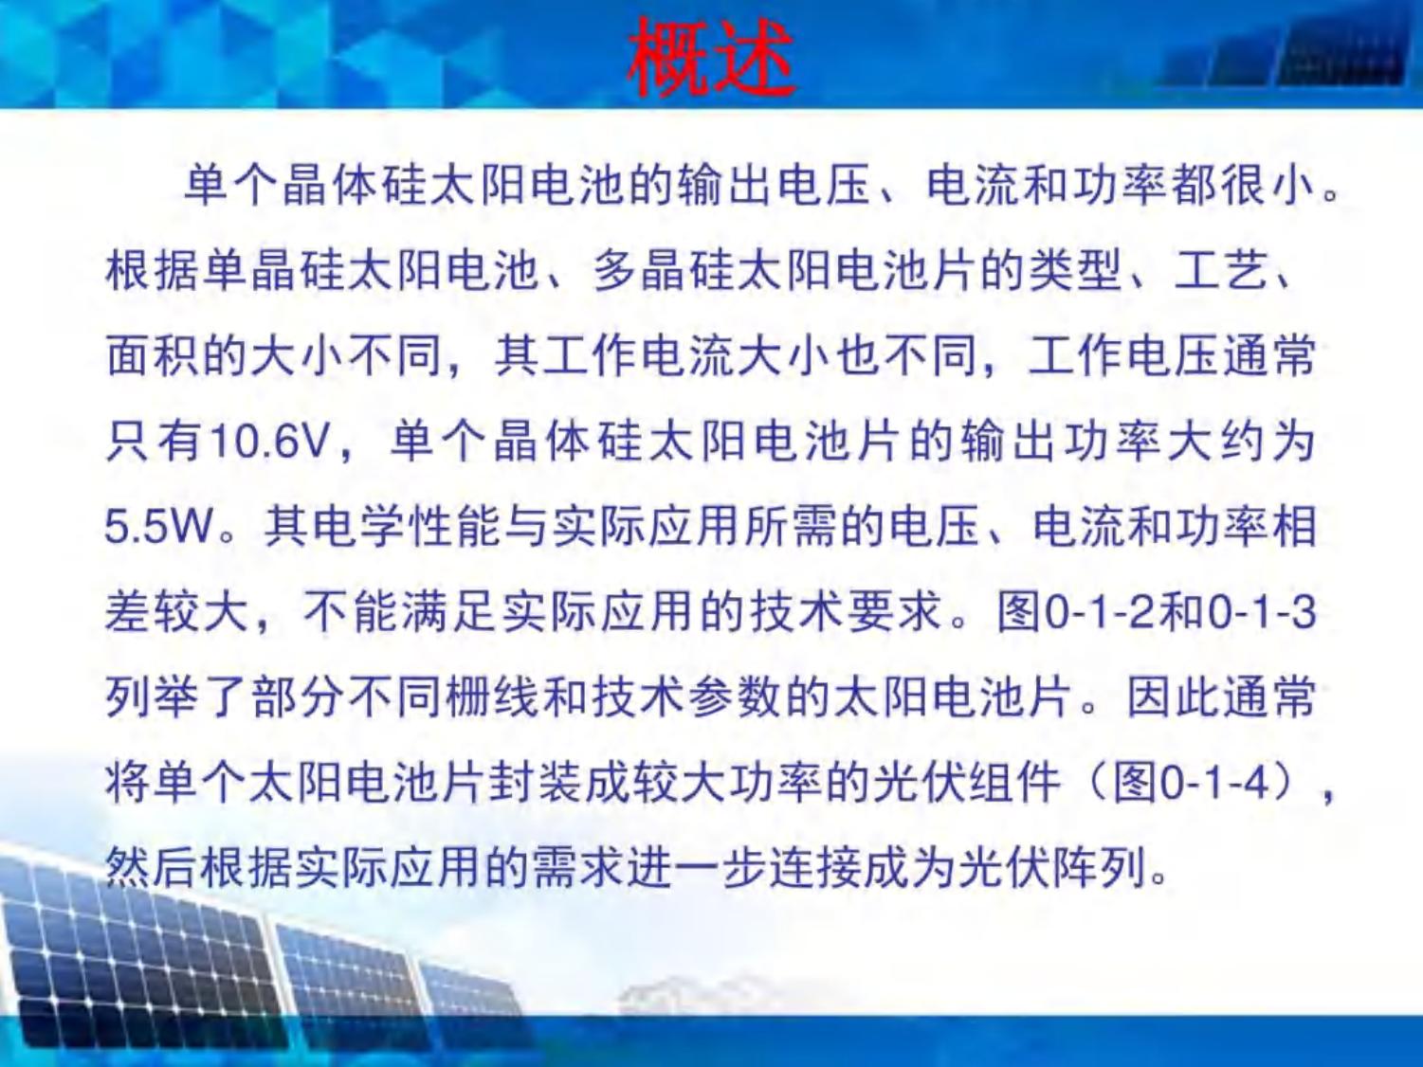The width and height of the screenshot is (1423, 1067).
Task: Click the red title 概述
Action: [711, 57]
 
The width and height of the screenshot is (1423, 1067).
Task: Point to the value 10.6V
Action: [272, 443]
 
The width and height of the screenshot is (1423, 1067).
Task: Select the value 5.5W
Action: [159, 528]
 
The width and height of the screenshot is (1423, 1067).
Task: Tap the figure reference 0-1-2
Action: [1100, 613]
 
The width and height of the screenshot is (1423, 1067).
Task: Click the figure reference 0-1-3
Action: [1262, 613]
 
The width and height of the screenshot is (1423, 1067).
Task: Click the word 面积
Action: [153, 357]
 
